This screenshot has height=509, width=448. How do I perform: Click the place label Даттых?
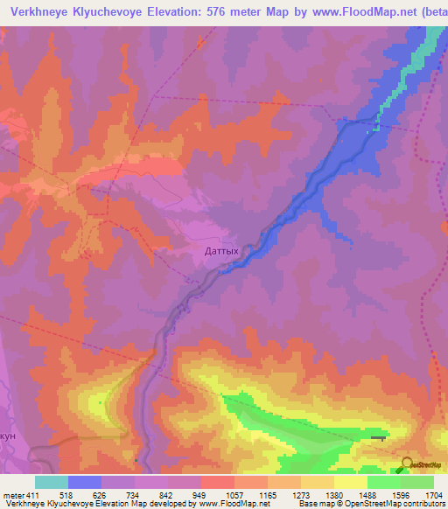[x=220, y=250]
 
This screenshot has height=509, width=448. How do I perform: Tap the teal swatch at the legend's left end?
[x=51, y=482]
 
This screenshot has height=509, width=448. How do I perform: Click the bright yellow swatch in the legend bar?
[x=350, y=482]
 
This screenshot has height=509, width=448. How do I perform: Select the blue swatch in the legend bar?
[x=85, y=482]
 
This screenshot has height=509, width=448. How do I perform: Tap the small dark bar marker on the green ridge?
[x=377, y=438]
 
